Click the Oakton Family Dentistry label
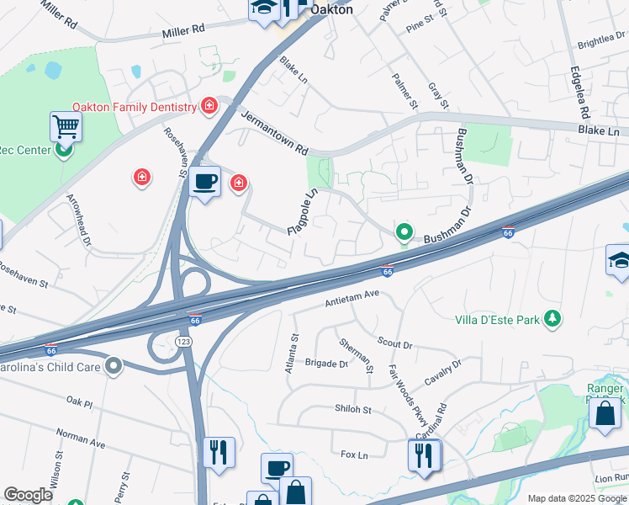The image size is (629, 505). [x=135, y=107]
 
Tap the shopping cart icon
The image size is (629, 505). [x=66, y=128]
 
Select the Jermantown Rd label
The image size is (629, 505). [x=275, y=131]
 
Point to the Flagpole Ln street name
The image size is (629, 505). [x=303, y=212]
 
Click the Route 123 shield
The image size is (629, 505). [x=182, y=340]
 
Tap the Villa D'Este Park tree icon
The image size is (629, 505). [x=552, y=319]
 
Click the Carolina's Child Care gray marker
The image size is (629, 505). [x=113, y=366]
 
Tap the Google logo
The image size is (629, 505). [x=28, y=495]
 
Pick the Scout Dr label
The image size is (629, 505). [x=394, y=344]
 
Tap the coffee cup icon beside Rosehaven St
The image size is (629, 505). [x=204, y=181]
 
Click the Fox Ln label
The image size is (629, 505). [x=355, y=454]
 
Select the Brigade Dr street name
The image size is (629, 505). [x=326, y=364]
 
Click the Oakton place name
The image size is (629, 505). [x=331, y=9]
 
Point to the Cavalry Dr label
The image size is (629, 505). [x=443, y=373]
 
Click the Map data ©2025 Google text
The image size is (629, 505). [x=576, y=498]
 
